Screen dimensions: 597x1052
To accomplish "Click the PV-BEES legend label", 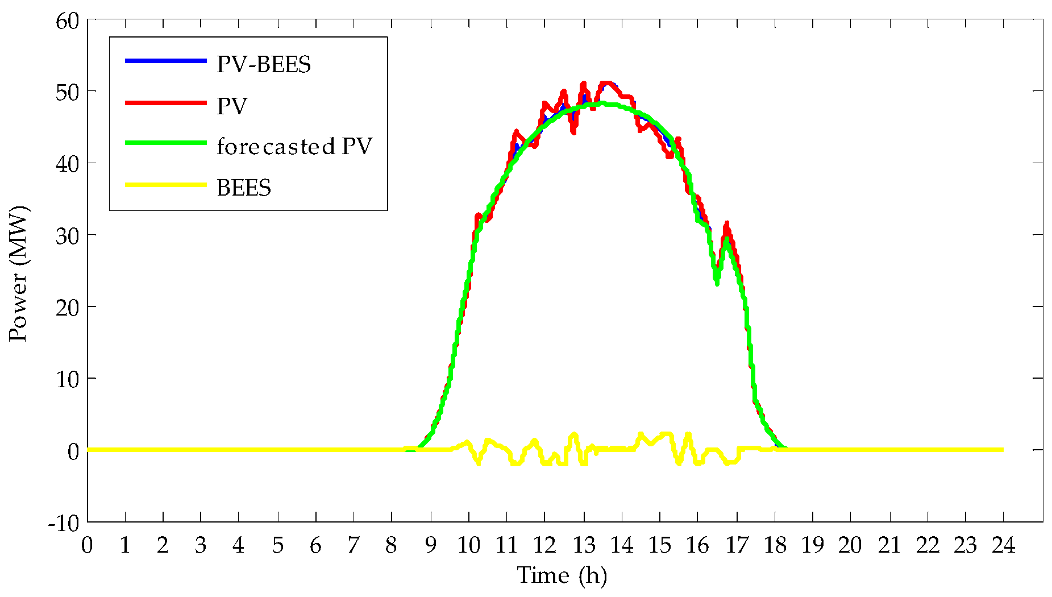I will (x=263, y=65).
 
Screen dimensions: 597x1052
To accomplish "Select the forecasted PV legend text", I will (x=294, y=147).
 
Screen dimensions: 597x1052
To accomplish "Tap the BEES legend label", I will (x=244, y=188).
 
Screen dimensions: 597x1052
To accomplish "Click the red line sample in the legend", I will (x=165, y=103).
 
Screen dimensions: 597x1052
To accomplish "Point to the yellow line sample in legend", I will (x=165, y=185).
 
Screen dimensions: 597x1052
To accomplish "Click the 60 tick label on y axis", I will (x=67, y=22).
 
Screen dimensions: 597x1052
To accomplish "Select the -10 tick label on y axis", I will (x=63, y=524).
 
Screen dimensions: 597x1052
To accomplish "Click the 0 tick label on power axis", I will (x=73, y=451).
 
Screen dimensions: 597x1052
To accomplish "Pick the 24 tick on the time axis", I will (x=1003, y=546).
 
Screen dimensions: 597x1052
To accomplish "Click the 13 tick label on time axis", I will (x=583, y=546).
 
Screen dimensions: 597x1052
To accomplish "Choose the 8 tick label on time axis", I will (x=391, y=546).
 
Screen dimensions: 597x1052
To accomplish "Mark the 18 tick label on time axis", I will (x=775, y=546).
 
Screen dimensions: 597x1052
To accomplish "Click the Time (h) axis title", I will (x=562, y=576).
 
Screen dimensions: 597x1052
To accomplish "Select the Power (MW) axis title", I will (x=18, y=274).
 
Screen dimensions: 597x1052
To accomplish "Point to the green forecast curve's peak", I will (x=602, y=103).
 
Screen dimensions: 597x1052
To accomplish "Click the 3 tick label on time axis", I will (x=200, y=546).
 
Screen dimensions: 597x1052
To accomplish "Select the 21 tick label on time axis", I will (x=889, y=546).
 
